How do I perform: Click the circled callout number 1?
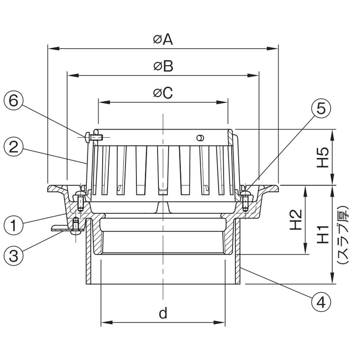(13, 225)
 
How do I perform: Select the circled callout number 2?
(13, 147)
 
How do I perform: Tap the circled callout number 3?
(13, 256)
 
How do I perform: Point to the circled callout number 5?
(321, 108)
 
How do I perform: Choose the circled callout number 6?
(13, 100)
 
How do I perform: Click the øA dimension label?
(163, 40)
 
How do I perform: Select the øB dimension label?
(163, 66)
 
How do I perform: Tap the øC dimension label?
(163, 93)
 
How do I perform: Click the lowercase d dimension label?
(163, 313)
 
